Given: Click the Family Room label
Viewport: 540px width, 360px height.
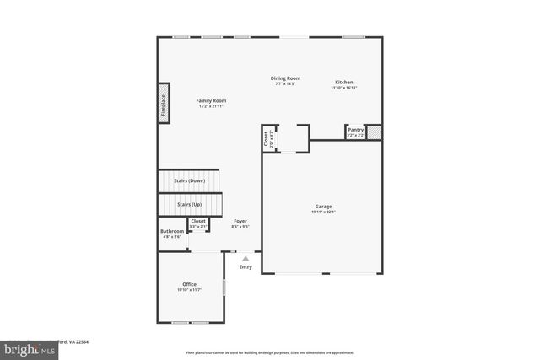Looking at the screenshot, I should coord(211,100).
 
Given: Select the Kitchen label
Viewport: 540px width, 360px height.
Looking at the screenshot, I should coord(343,82).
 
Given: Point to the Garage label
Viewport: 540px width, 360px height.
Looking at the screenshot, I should coord(323,207).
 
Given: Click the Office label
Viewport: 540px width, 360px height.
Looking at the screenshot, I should coord(189,284).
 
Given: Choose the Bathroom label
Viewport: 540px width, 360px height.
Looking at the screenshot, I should coord(172,231).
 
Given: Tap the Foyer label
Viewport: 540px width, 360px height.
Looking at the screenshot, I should coord(240,221).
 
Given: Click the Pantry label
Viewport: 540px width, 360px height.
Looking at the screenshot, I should coord(356,130).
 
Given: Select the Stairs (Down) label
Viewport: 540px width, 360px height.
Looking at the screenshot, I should coord(189,181).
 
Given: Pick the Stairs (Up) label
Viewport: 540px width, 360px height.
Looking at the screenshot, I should coord(189,204).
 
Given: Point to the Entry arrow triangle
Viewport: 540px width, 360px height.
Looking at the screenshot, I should coord(246,259).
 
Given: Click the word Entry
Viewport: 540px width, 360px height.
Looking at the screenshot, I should coord(246,267).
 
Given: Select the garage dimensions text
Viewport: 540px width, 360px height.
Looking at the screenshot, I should coord(323,212).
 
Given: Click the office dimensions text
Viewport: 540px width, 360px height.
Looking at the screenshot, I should coord(189,290).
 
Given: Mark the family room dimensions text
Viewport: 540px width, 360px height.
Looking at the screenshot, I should coord(211,106).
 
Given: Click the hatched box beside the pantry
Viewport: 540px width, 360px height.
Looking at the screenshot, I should coord(375,132).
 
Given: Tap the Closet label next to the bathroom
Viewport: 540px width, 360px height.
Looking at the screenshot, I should coord(198,222).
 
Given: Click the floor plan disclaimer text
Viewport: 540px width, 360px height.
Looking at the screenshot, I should coord(271,352).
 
